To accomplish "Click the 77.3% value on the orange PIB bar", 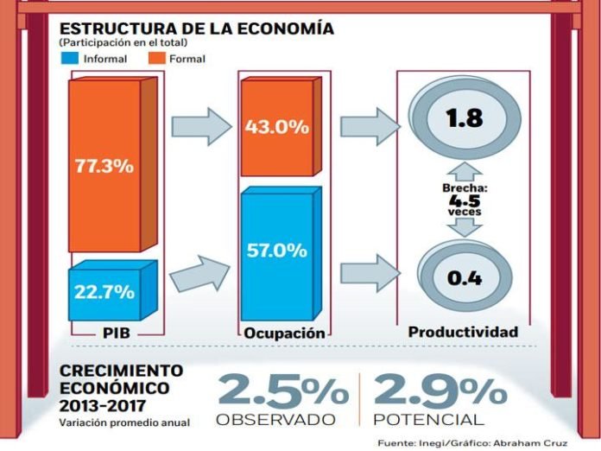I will coord(103,166).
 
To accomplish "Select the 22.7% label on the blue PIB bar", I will coord(103,292).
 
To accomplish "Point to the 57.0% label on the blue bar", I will coord(276,251).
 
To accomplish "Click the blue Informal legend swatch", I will coord(71,60).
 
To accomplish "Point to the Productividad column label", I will coord(463,332).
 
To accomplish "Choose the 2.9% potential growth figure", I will coord(437,391).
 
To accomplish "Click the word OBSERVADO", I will coord(275,420).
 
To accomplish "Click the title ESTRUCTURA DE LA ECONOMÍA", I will coord(196,29).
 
